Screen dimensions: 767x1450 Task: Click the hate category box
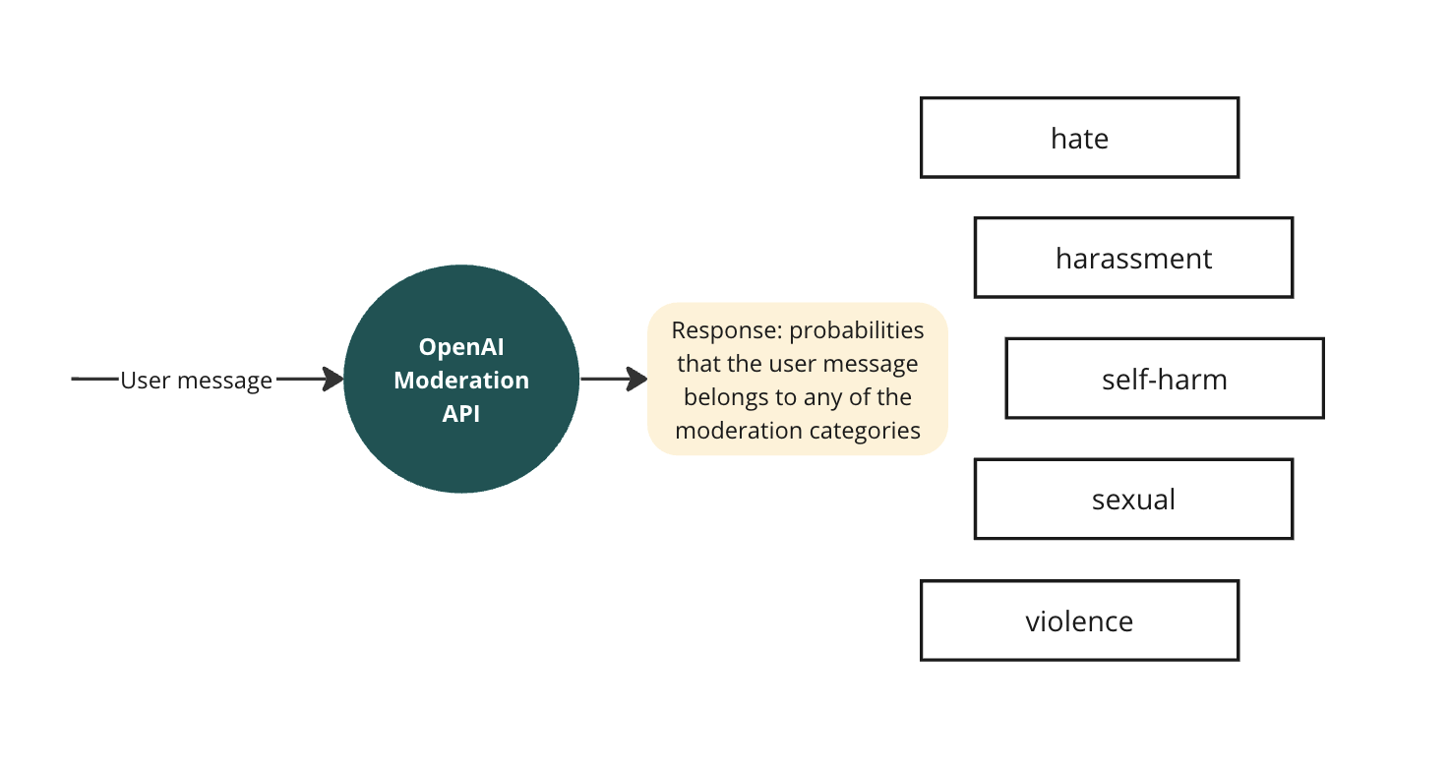tap(1079, 138)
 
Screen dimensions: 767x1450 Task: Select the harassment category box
tap(1133, 258)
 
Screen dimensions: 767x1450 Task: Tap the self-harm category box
tap(1165, 379)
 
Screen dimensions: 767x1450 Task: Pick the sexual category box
tap(1133, 500)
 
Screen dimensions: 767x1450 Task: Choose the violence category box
tap(1079, 620)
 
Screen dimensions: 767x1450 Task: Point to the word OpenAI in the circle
tap(461, 347)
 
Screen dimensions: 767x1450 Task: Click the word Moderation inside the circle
tap(461, 380)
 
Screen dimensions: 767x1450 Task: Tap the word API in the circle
tap(461, 413)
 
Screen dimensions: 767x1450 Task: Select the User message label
tap(196, 380)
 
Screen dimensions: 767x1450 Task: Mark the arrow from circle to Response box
tap(613, 379)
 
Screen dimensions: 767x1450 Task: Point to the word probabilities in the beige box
tap(857, 330)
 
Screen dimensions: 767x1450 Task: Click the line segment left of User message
tap(94, 379)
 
